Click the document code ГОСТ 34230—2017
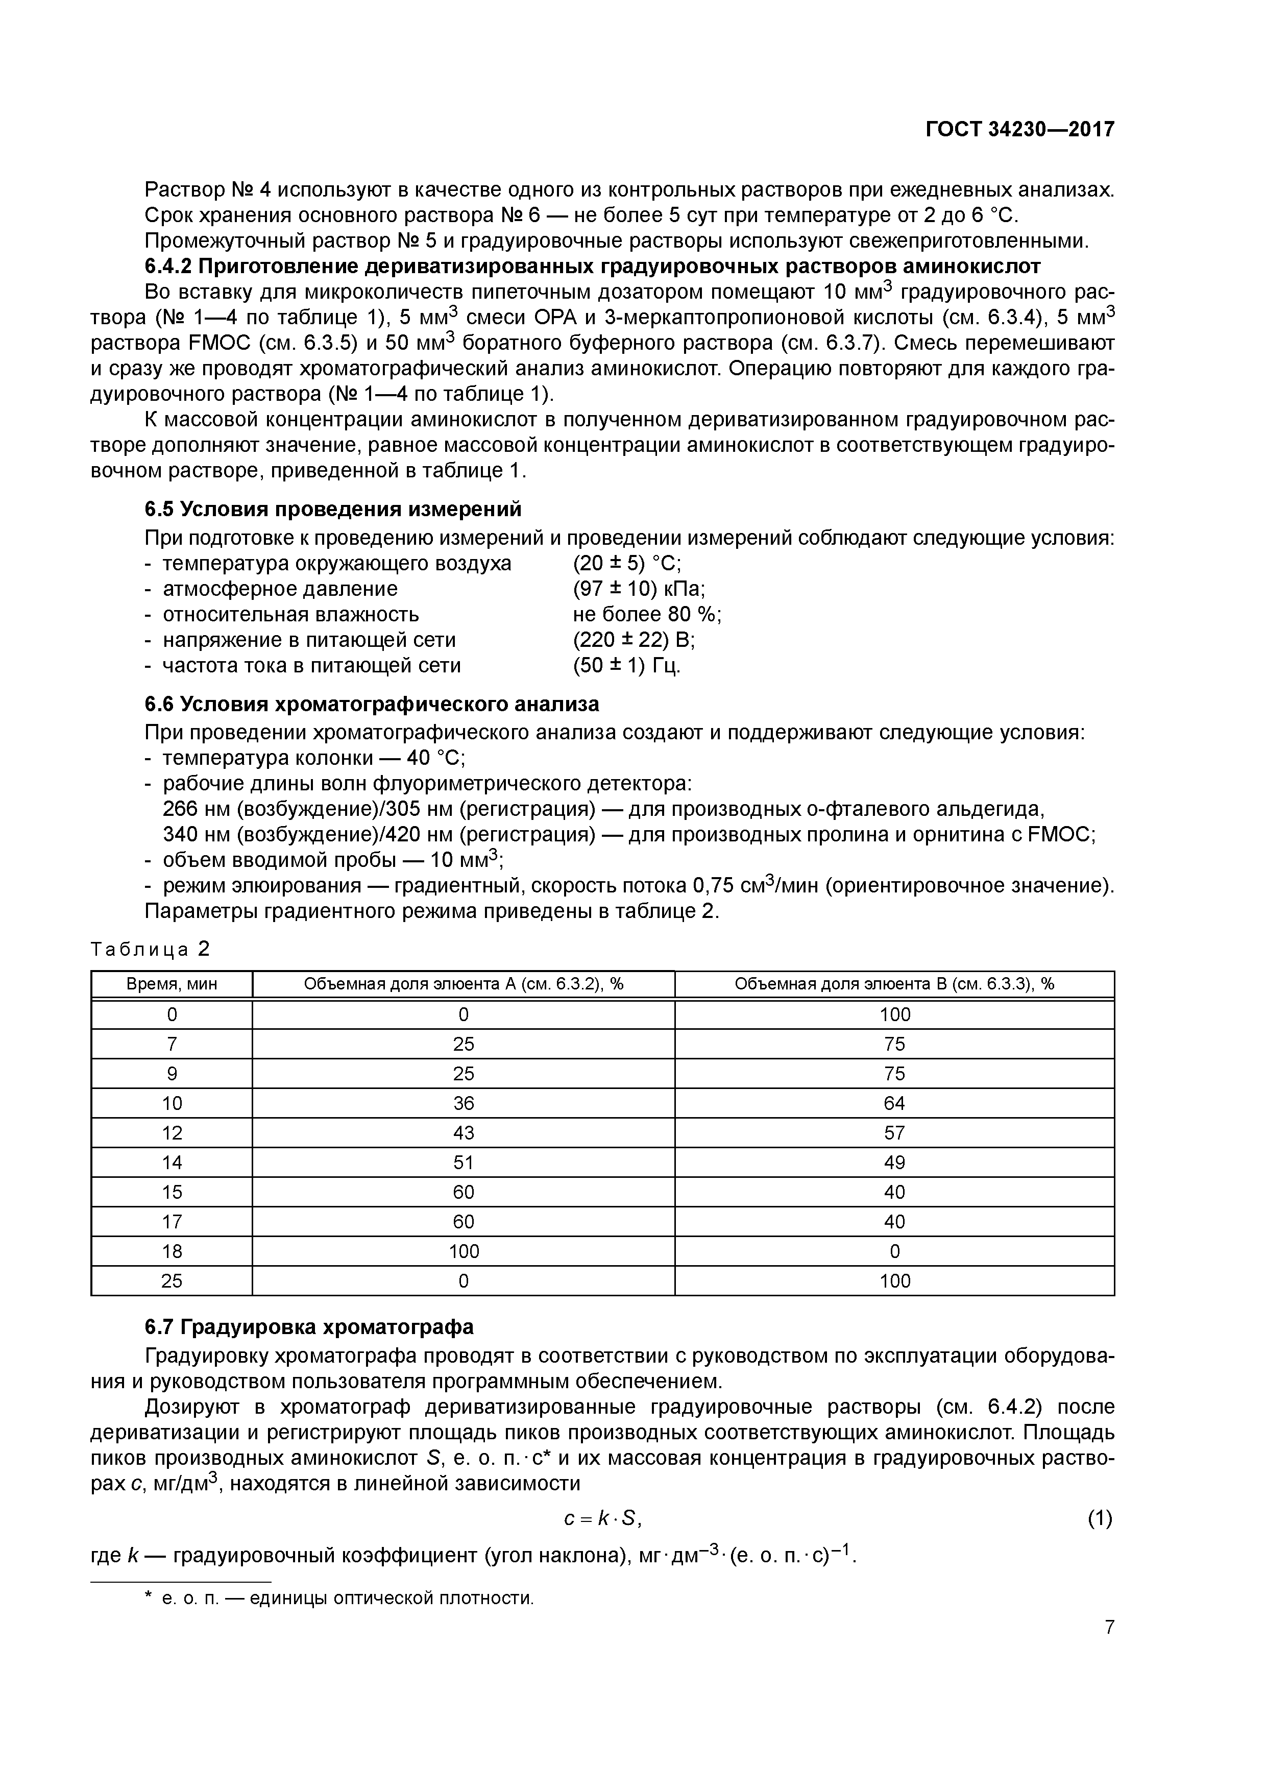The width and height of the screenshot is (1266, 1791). pos(1019,130)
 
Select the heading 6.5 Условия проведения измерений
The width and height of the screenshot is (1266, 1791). pos(332,510)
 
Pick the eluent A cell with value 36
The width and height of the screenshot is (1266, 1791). pos(464,1103)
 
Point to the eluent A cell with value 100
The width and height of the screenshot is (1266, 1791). pos(464,1251)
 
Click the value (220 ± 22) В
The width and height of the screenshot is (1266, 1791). pos(634,640)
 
